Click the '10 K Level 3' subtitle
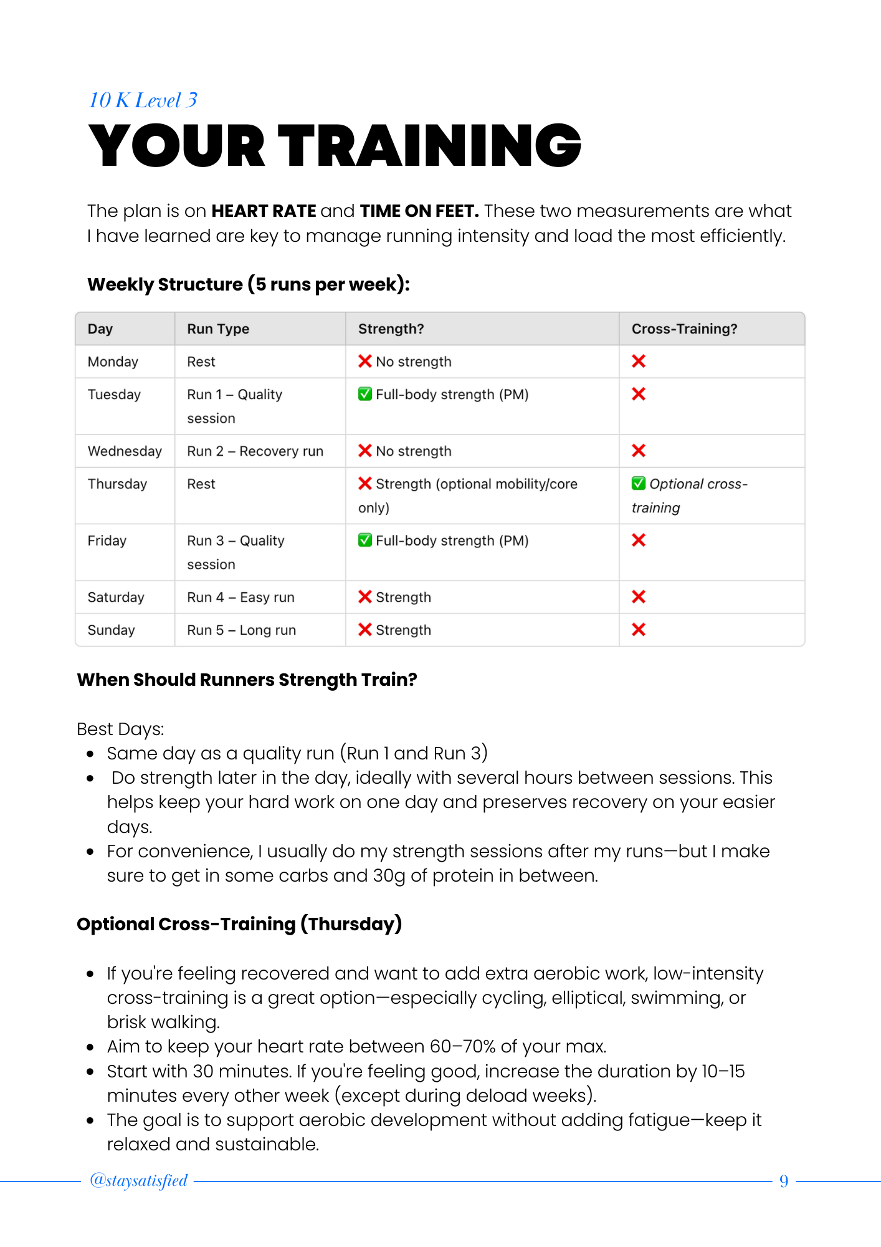point(143,100)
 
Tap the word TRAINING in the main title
point(429,146)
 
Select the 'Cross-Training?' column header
point(684,329)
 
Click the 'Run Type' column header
point(218,329)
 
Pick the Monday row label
point(113,362)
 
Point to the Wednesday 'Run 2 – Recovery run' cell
point(255,451)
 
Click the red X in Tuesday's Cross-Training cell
point(639,394)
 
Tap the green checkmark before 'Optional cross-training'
point(639,484)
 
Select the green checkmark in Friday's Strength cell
point(365,541)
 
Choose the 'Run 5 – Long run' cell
point(241,630)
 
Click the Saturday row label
point(116,597)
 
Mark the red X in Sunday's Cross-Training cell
point(639,630)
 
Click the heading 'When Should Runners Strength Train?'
point(247,680)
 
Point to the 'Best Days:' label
point(120,729)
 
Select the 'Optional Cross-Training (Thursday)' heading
point(239,924)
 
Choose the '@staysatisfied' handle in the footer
point(138,1180)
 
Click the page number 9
point(784,1181)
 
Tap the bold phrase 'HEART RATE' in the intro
point(264,211)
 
